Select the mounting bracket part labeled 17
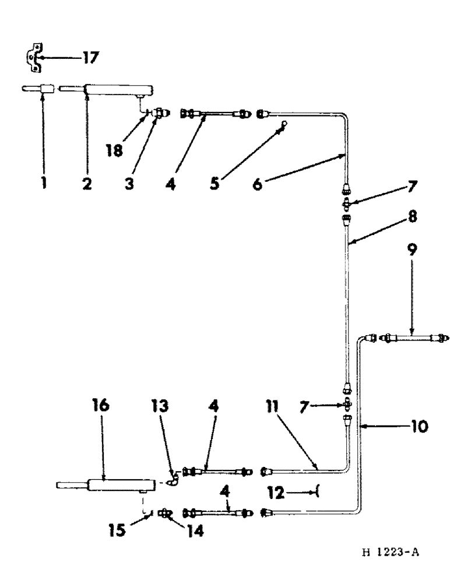click(34, 58)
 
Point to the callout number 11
click(270, 406)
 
